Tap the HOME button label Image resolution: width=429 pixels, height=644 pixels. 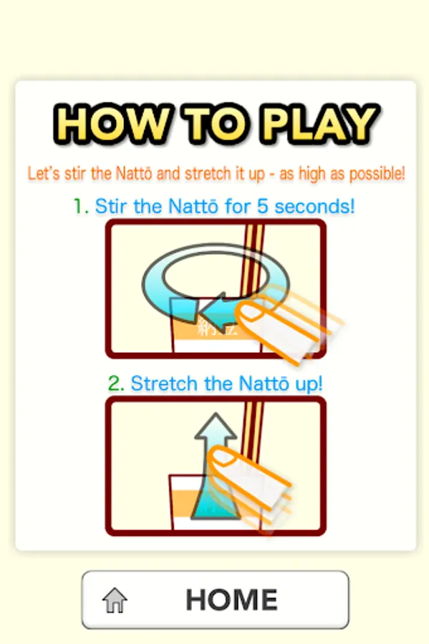[232, 600]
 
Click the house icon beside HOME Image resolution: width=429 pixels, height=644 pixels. [115, 600]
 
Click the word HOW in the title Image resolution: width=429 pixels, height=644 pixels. [112, 124]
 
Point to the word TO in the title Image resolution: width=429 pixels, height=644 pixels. [216, 124]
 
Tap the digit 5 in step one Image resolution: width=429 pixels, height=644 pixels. [263, 206]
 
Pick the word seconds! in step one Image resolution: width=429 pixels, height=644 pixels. [314, 206]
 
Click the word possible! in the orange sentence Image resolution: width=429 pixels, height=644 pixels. [377, 174]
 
